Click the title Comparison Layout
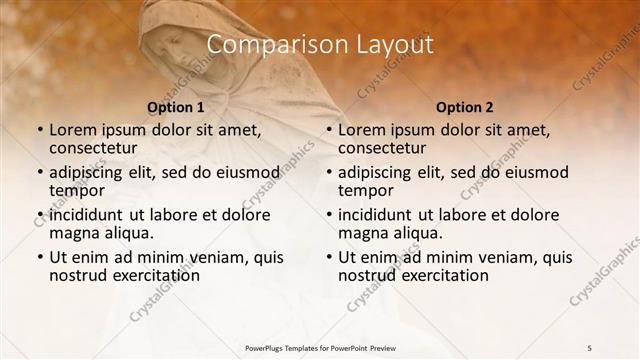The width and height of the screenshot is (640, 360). point(319,45)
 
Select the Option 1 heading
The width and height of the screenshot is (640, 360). point(175,107)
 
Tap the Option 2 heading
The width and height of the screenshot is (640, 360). point(464,107)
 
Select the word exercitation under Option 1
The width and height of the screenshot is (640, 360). point(145,275)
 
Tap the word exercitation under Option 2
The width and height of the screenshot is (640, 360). point(434,275)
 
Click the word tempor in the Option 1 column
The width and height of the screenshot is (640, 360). point(77,190)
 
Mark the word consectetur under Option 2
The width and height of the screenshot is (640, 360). point(390,148)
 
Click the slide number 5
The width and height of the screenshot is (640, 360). point(590,347)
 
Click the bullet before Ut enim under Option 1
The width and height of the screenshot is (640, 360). point(39,257)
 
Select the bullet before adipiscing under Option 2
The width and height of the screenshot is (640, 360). point(328,172)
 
